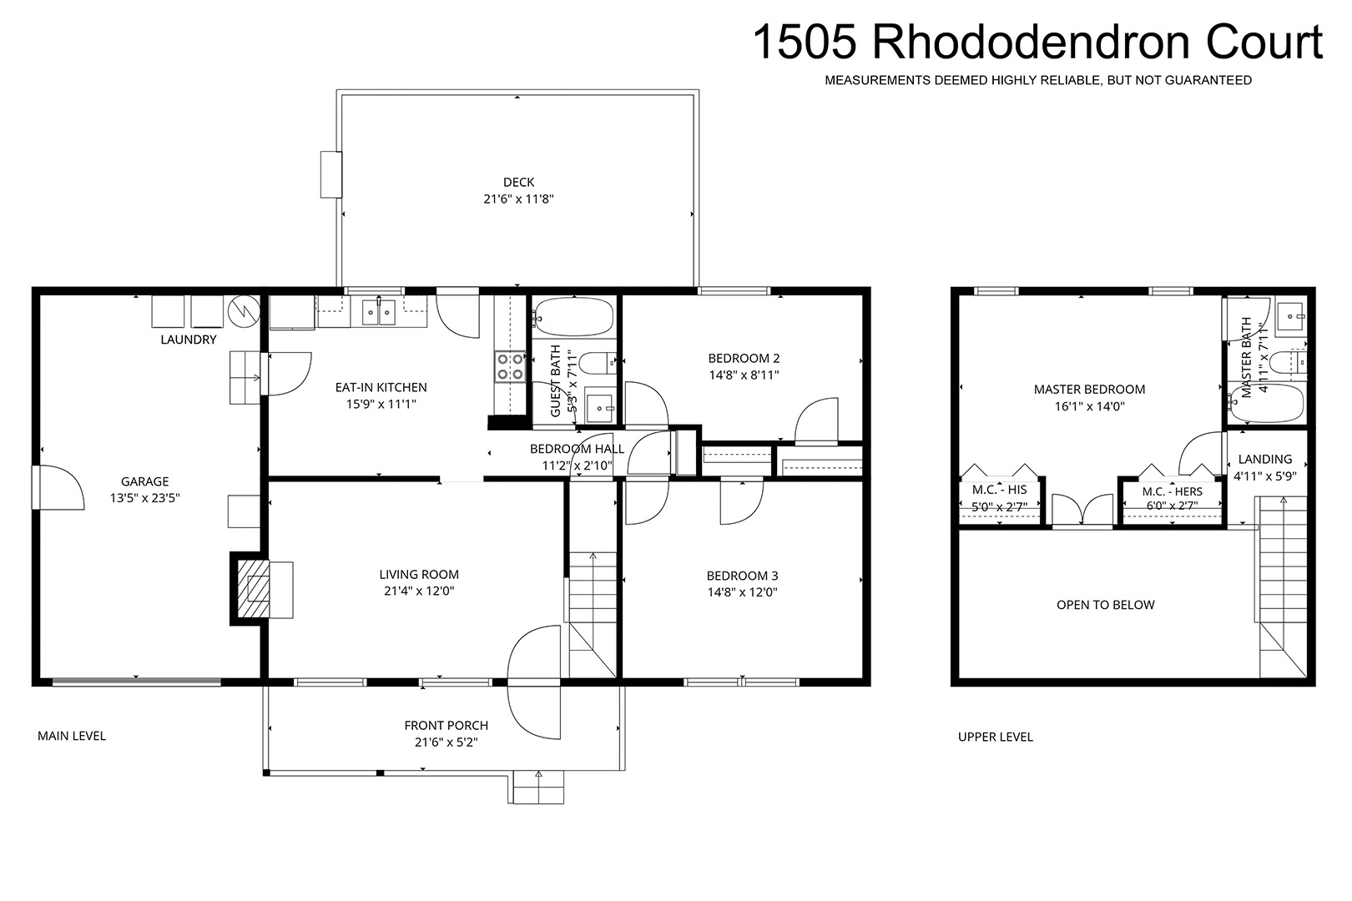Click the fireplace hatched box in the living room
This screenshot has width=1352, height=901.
point(252,588)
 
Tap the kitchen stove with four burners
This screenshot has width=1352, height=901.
point(510,367)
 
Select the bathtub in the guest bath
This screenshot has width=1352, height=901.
point(573,317)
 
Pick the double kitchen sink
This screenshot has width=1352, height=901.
point(378,312)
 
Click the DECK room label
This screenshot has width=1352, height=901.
point(518,182)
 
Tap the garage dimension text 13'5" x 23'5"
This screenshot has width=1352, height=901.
point(145,499)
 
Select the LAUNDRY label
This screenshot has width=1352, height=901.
point(189,340)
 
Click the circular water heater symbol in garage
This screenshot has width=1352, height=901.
point(245,311)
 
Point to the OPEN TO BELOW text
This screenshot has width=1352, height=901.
point(1105,605)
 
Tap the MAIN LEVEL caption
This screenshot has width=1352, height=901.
point(72,736)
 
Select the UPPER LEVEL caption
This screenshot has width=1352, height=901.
point(996,737)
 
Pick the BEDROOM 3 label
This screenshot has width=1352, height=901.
point(743,576)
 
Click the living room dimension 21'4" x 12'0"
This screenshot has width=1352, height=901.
point(419,591)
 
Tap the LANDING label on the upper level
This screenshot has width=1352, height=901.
point(1265,459)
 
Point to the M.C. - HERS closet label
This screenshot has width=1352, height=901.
point(1172,492)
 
